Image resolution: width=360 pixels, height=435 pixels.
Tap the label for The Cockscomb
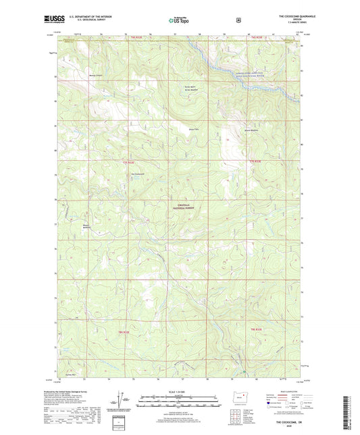click(x=138, y=172)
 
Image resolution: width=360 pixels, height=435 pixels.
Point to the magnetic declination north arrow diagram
click(x=123, y=397)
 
